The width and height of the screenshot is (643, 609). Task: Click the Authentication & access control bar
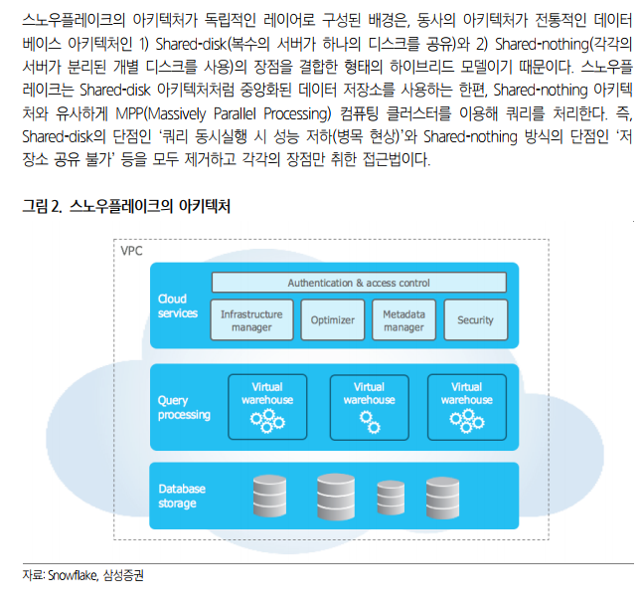coord(359,284)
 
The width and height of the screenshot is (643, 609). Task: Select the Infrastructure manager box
coord(251,320)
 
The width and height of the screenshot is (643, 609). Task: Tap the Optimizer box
coord(332,320)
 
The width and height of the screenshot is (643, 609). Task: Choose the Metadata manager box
coord(403,320)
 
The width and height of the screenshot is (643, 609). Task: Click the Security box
coord(475,320)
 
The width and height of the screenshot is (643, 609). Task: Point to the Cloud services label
coord(178,306)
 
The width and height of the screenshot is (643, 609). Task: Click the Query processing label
coord(184,408)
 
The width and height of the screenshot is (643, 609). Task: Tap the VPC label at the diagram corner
coord(131,251)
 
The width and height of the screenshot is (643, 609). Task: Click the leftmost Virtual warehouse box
coord(267,406)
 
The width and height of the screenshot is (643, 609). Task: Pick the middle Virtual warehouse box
coord(369,406)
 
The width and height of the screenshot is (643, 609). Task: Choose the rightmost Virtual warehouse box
coord(466,406)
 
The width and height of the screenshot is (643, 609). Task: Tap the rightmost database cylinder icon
coord(442,495)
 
